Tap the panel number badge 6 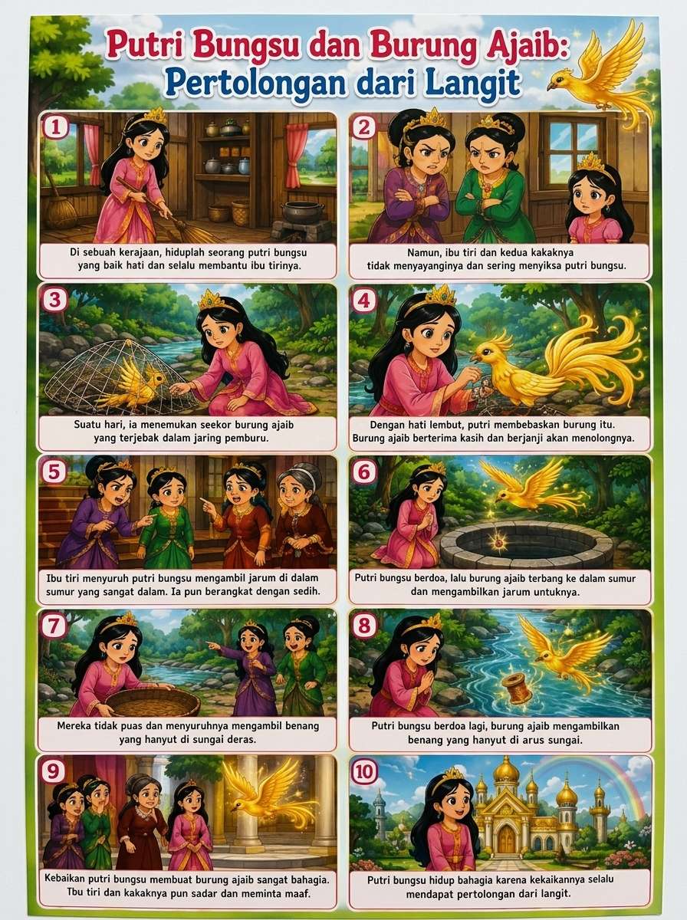coord(363,472)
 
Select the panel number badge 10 coord(363,771)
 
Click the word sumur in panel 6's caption coord(623,579)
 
